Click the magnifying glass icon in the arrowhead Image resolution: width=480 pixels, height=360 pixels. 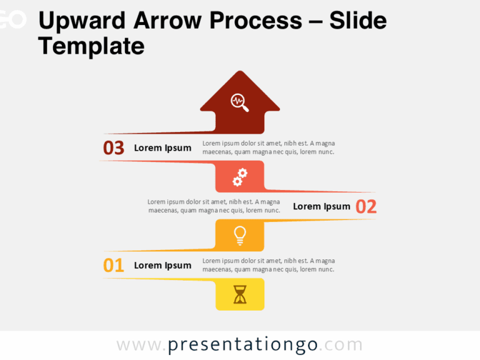coord(239,102)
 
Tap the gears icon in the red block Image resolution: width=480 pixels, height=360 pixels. coord(240,177)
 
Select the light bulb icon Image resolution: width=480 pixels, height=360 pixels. coord(239,235)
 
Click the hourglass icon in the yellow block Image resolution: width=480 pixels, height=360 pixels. coord(240,294)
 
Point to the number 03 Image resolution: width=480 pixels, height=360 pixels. coord(114,148)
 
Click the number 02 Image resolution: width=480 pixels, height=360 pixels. coord(366,207)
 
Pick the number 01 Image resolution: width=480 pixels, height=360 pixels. coord(114,266)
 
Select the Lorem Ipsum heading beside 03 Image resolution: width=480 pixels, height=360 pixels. coord(162,148)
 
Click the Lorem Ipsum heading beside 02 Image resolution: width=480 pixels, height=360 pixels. coord(321,206)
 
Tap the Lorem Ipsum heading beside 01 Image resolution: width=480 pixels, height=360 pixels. coord(162,266)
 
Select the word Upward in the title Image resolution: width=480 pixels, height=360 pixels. coord(81,21)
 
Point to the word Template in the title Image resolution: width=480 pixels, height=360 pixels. coord(91,46)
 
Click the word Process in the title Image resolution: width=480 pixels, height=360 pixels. coord(256,21)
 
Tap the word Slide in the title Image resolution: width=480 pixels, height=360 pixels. coord(358,21)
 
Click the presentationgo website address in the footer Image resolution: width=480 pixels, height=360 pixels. coord(239,345)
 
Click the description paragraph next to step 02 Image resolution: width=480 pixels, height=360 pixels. coord(214,206)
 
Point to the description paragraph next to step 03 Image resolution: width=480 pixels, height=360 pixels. coord(269,147)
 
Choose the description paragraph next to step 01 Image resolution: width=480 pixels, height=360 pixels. coord(269,265)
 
